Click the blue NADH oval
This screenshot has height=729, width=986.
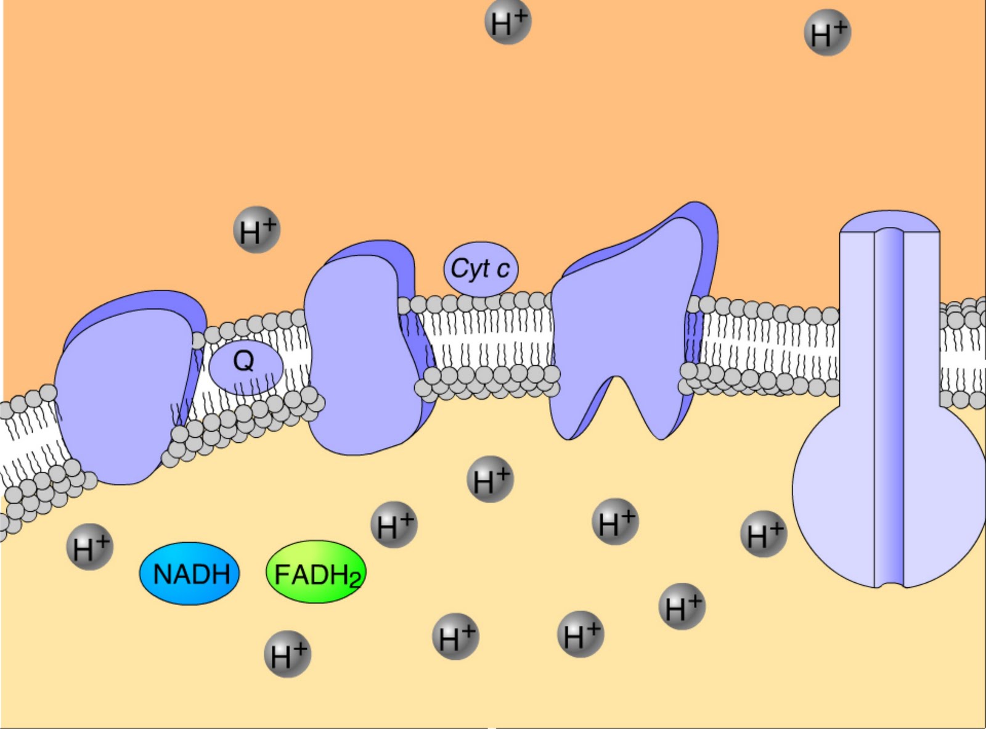point(189,574)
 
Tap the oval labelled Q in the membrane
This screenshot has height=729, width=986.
point(246,367)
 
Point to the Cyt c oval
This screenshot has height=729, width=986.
point(481,269)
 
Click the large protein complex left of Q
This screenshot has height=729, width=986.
point(123,395)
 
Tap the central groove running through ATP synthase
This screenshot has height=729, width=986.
point(890,407)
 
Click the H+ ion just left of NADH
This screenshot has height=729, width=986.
point(90,546)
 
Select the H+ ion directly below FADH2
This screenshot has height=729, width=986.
point(288,654)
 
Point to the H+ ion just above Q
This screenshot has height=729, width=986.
point(257,230)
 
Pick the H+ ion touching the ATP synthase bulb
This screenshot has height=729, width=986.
point(764,534)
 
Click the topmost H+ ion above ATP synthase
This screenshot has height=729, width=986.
point(828,33)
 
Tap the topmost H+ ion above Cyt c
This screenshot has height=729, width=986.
point(508,22)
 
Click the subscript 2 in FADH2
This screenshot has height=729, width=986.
point(354,580)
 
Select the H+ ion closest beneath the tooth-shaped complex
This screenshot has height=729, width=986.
point(615,522)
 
